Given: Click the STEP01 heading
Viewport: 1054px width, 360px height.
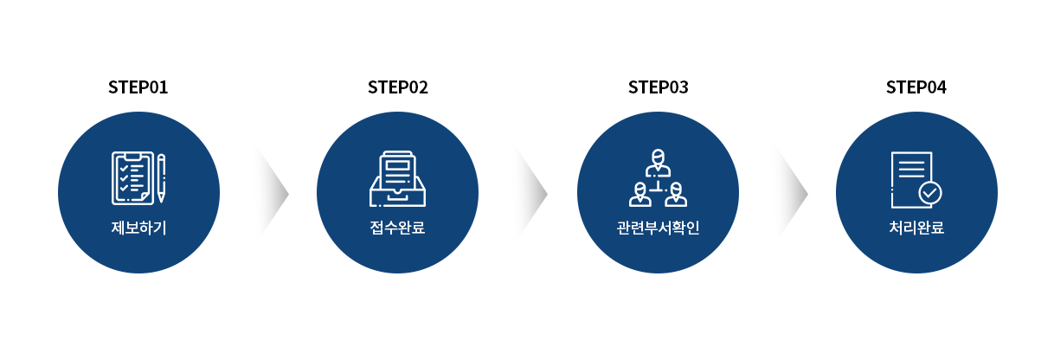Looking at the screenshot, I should pyautogui.click(x=138, y=87).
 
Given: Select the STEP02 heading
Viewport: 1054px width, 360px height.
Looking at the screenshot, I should pyautogui.click(x=397, y=87).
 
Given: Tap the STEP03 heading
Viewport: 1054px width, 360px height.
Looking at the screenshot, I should pyautogui.click(x=658, y=87).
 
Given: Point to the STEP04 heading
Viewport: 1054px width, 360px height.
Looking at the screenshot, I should pyautogui.click(x=916, y=87).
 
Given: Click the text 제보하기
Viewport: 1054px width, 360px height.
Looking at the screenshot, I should pyautogui.click(x=138, y=229).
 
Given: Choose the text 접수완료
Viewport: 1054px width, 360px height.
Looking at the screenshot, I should pyautogui.click(x=397, y=229).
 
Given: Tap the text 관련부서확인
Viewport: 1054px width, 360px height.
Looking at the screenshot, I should pyautogui.click(x=658, y=229).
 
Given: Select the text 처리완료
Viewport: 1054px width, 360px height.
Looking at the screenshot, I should pyautogui.click(x=916, y=229).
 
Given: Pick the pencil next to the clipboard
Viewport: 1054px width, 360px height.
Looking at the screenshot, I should pyautogui.click(x=161, y=178).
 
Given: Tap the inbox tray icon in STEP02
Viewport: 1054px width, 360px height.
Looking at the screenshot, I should pyautogui.click(x=397, y=179).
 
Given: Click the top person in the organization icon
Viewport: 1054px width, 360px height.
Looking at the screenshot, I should pyautogui.click(x=658, y=161).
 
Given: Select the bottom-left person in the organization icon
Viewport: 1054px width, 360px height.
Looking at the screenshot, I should pyautogui.click(x=640, y=195).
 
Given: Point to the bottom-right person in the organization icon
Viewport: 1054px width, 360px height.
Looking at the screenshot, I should pyautogui.click(x=676, y=195).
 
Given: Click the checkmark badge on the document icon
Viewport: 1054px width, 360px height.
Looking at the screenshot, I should pyautogui.click(x=930, y=193).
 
